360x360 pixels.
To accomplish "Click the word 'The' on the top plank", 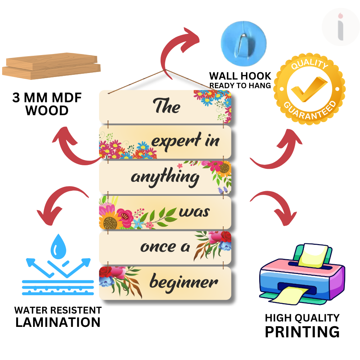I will point(167,107).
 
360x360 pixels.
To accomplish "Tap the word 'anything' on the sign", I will point(165,177).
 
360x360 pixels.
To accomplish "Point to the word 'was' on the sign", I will point(194,212).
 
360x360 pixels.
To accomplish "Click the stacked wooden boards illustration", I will point(51,67).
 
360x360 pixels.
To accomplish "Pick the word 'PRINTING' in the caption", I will point(302,332).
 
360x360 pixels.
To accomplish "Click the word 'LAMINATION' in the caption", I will point(58,322).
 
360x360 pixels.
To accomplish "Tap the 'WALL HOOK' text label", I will point(240,76).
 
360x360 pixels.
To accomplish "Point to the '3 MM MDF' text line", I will point(47,98).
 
